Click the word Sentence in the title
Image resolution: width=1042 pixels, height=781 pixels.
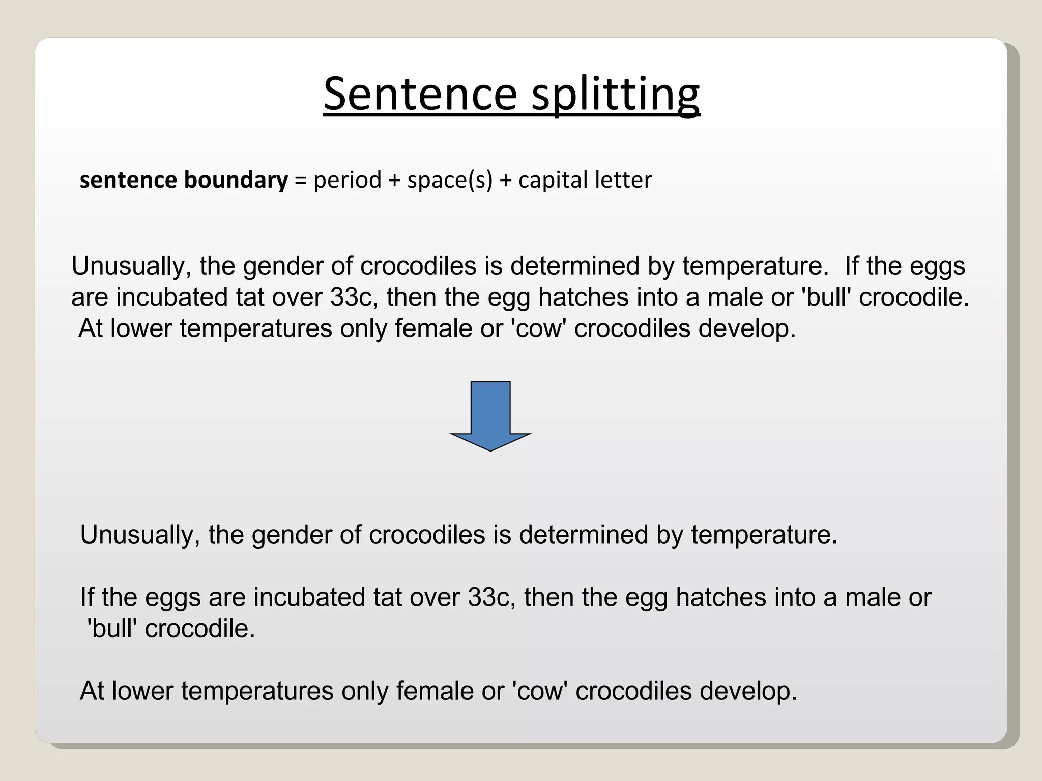(x=420, y=94)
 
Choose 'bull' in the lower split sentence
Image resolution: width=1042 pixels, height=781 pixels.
(x=112, y=629)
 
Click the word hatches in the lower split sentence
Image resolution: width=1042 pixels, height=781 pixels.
(x=720, y=597)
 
